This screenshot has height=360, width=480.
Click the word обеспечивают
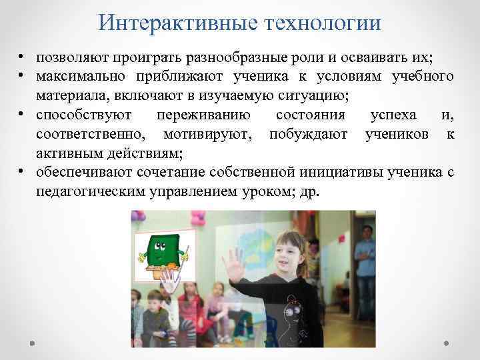tap(85, 173)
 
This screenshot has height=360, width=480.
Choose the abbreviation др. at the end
tap(311, 192)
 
